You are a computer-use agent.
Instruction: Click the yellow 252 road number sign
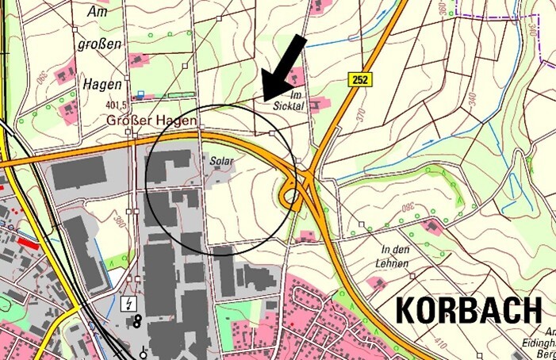pyautogui.click(x=359, y=79)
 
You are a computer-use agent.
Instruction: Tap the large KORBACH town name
pyautogui.click(x=468, y=309)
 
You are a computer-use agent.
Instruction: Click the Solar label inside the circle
pyautogui.click(x=220, y=161)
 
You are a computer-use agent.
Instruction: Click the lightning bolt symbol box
pyautogui.click(x=127, y=302)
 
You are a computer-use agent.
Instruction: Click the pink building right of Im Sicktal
pyautogui.click(x=318, y=103)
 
